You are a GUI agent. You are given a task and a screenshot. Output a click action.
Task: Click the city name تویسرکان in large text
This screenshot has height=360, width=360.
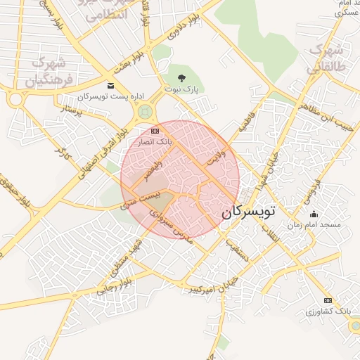[250, 211]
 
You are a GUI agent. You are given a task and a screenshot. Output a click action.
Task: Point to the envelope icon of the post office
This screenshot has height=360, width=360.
[111, 85]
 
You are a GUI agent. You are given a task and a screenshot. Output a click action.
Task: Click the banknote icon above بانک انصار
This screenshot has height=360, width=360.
[155, 131]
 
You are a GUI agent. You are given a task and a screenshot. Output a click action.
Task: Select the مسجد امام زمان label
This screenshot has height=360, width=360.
[314, 225]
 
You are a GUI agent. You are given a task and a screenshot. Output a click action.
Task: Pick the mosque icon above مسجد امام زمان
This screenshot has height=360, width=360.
[314, 214]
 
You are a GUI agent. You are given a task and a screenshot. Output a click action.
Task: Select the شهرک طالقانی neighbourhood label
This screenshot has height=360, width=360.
[326, 58]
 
